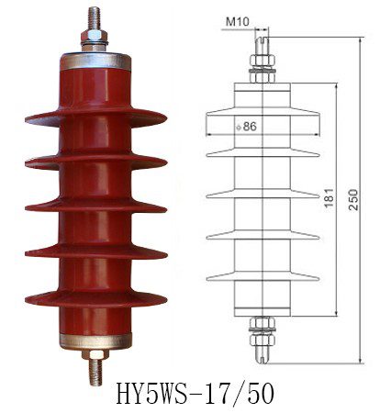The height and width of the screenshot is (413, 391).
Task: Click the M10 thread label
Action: [236, 18]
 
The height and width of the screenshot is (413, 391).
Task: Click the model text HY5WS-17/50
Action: [195, 394]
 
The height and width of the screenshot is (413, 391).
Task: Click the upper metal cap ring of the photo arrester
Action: [94, 62]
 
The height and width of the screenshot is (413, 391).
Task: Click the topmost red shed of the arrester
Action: [95, 119]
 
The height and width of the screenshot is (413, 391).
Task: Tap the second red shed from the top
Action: [95, 162]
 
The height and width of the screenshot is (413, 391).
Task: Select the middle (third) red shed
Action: [95, 205]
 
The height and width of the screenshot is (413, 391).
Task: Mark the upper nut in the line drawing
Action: [260, 65]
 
